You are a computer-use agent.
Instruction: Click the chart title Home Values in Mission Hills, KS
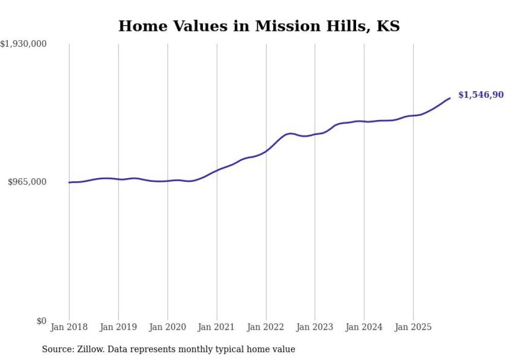click(259, 26)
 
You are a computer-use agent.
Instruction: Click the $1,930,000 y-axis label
click(24, 44)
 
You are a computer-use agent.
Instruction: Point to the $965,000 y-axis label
click(27, 182)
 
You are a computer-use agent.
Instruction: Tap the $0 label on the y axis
click(41, 321)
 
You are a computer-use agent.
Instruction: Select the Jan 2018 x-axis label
click(69, 327)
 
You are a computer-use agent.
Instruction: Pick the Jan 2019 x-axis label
click(119, 327)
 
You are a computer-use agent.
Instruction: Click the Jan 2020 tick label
click(167, 327)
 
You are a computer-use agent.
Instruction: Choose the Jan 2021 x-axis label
click(216, 327)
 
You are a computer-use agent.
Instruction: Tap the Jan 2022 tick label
click(266, 327)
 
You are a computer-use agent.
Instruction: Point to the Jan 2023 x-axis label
click(315, 327)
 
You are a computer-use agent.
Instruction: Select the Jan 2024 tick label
click(364, 327)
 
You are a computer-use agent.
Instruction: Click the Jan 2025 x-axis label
click(413, 327)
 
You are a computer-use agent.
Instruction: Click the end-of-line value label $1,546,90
click(481, 95)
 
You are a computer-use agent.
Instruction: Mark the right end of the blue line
click(450, 98)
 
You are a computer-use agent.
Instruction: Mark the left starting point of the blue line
click(69, 182)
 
